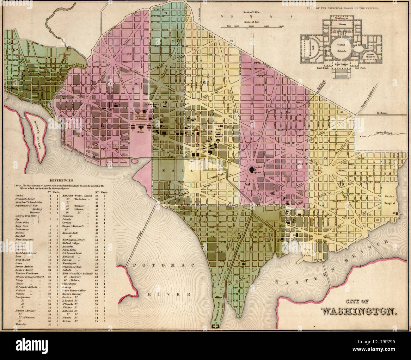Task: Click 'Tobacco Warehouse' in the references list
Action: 27,273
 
